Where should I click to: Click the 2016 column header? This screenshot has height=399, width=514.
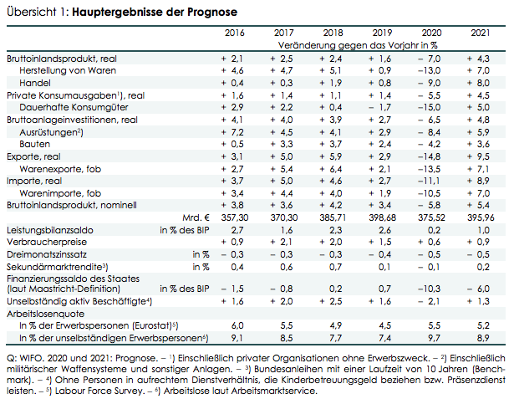tap(234, 33)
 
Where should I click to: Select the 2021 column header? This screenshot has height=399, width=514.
tap(481, 33)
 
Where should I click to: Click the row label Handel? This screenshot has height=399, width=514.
tap(35, 83)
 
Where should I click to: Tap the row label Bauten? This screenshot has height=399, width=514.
tap(35, 145)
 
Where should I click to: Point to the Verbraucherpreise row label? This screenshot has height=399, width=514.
tap(47, 242)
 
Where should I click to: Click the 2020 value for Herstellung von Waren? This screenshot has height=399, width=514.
tap(429, 70)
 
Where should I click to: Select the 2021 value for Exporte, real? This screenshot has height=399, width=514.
tap(478, 156)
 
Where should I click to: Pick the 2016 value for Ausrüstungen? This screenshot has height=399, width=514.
tap(232, 132)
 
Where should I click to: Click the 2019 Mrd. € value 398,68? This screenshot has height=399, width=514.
tap(382, 217)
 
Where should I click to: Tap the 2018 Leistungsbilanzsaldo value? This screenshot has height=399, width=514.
tap(336, 230)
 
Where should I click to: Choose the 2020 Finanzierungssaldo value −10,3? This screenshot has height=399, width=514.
tap(429, 289)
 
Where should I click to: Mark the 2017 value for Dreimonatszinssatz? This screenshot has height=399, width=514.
tap(282, 254)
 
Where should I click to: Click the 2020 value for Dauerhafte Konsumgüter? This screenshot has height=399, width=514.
tap(429, 107)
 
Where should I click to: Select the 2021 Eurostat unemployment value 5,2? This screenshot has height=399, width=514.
tap(483, 325)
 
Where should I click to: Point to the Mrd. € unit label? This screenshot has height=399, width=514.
tap(196, 217)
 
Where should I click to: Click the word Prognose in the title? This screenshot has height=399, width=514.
tap(212, 13)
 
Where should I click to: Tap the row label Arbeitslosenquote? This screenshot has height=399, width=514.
tap(46, 314)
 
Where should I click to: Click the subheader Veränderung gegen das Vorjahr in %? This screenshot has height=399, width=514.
tap(358, 45)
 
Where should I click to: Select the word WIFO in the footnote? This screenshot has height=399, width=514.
tap(30, 358)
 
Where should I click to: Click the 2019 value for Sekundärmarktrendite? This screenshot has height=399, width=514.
tap(384, 267)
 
